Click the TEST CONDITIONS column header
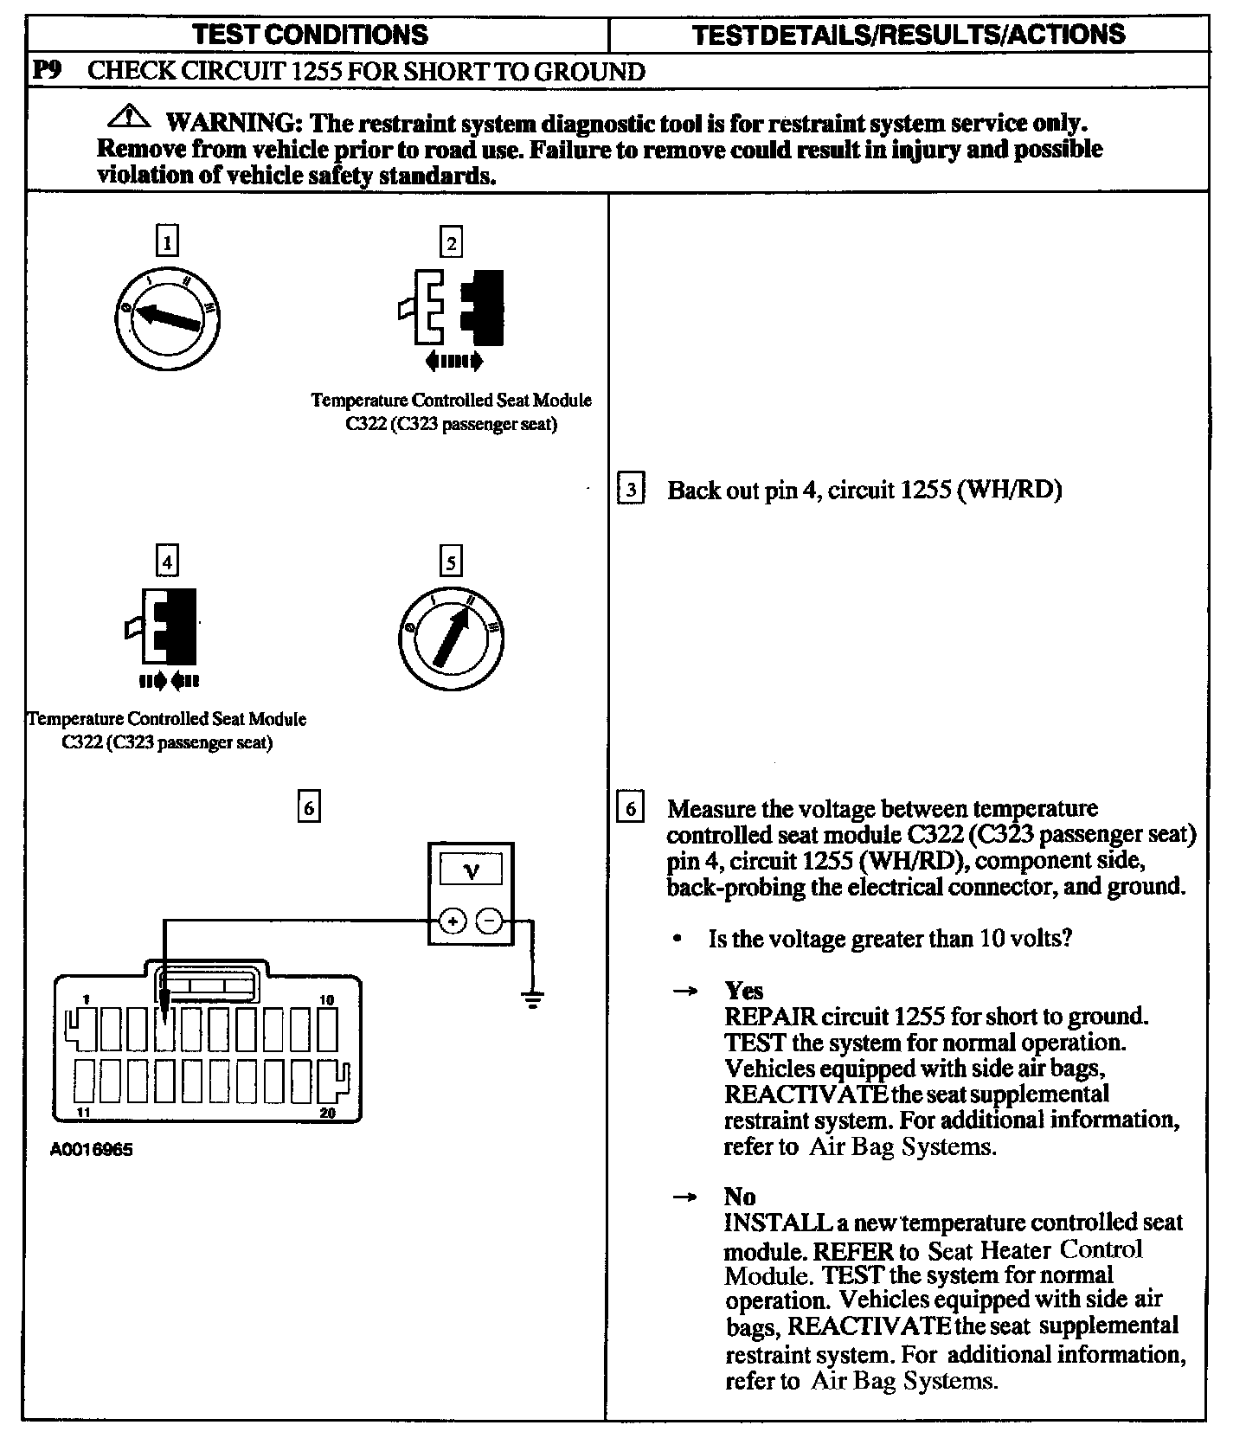pos(310,35)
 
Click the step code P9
pos(48,71)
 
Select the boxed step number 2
pos(450,242)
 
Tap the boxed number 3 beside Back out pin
pos(631,490)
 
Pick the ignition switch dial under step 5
pos(451,638)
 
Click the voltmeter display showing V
pos(471,870)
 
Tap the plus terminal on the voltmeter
pos(451,921)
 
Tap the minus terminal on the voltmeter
pos(490,921)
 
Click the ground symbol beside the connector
pos(532,1001)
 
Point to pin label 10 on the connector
pos(326,1000)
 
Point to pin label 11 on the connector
pos(83,1113)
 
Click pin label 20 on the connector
pos(327,1113)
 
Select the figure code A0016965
pos(92,1150)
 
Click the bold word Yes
pos(743,991)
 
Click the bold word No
pos(740,1197)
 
